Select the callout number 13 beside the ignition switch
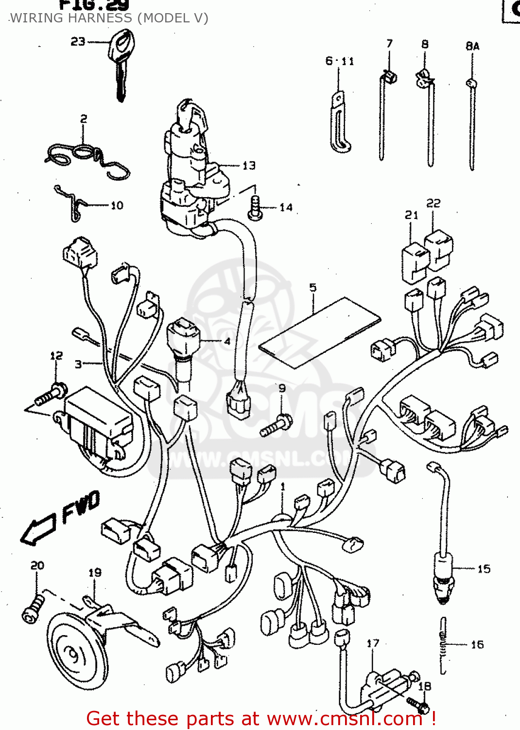pyautogui.click(x=249, y=166)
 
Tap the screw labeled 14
pyautogui.click(x=255, y=208)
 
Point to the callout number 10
pyautogui.click(x=117, y=205)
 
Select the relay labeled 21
pyautogui.click(x=414, y=263)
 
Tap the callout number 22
pyautogui.click(x=433, y=203)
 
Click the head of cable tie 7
pyautogui.click(x=389, y=76)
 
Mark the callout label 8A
pyautogui.click(x=472, y=46)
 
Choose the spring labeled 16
pyautogui.click(x=443, y=645)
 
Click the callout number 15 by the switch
pyautogui.click(x=484, y=569)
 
